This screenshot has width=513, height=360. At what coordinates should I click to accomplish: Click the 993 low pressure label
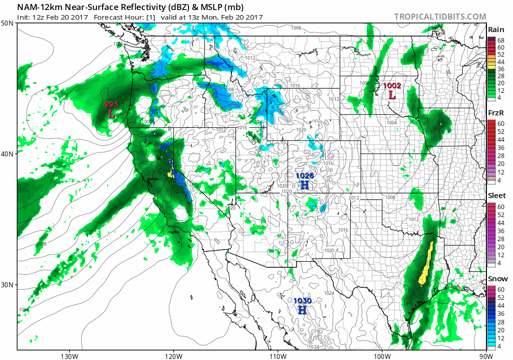pyautogui.click(x=111, y=104)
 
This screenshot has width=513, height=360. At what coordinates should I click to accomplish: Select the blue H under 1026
pyautogui.click(x=305, y=185)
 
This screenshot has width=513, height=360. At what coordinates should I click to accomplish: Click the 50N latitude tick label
pyautogui.click(x=8, y=24)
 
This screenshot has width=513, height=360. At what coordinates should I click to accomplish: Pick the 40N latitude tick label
pyautogui.click(x=8, y=154)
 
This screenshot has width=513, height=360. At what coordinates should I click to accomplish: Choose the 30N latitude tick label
pyautogui.click(x=8, y=285)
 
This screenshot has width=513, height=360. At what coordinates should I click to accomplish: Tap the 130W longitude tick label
pyautogui.click(x=69, y=356)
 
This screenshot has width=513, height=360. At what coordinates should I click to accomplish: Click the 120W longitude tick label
pyautogui.click(x=173, y=356)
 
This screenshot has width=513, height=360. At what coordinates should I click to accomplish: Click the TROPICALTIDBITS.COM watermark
pyautogui.click(x=440, y=17)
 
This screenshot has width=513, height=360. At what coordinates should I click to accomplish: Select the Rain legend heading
pyautogui.click(x=496, y=30)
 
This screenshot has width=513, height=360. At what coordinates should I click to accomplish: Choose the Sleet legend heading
pyautogui.click(x=496, y=196)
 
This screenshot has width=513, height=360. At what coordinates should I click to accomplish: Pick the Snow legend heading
pyautogui.click(x=497, y=279)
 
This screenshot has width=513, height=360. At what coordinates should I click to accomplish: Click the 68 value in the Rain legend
pyautogui.click(x=500, y=40)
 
